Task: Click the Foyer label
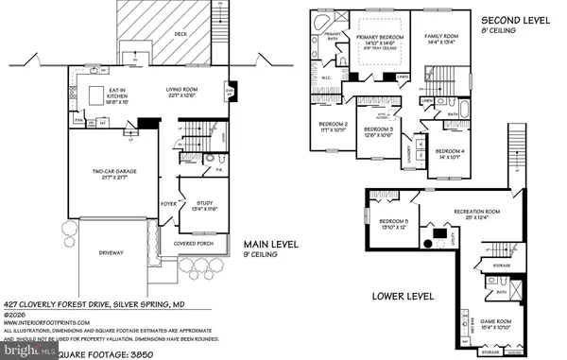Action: [x=167, y=200]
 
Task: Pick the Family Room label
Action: [x=442, y=39]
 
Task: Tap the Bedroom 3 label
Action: [x=377, y=131]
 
